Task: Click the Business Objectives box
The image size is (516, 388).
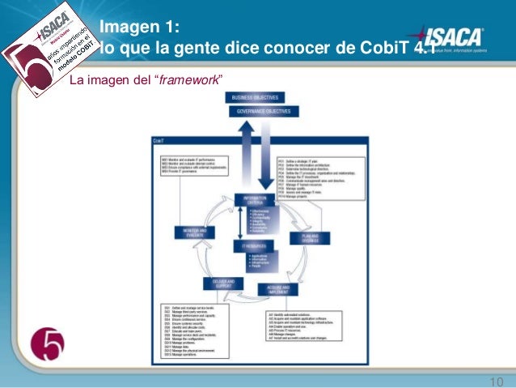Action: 255,97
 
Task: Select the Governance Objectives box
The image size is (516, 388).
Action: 255,111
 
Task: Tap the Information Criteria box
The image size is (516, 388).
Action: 256,199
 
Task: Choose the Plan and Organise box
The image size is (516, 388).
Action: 310,239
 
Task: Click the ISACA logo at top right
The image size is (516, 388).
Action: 448,39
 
